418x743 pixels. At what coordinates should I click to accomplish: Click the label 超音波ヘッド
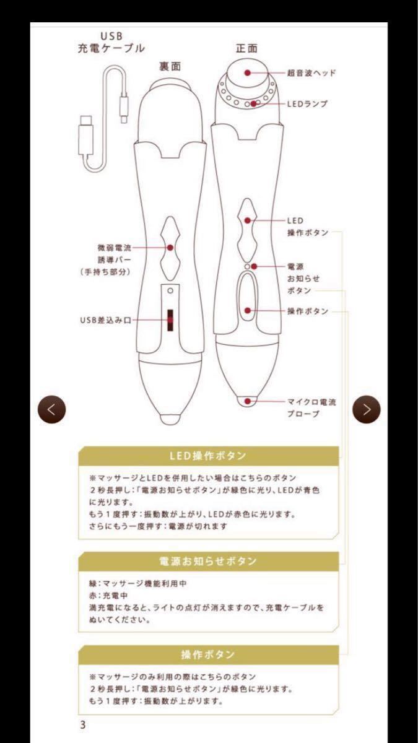(311, 72)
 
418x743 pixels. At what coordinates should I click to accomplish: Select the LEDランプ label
(307, 103)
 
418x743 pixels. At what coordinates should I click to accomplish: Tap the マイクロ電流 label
(311, 401)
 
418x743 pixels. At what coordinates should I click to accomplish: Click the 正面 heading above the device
(246, 48)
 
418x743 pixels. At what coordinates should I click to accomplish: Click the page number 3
(82, 725)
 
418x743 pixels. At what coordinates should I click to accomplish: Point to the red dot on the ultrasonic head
(247, 72)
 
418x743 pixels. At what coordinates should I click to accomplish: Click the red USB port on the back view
(168, 320)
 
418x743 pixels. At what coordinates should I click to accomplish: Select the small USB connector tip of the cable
(124, 114)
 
